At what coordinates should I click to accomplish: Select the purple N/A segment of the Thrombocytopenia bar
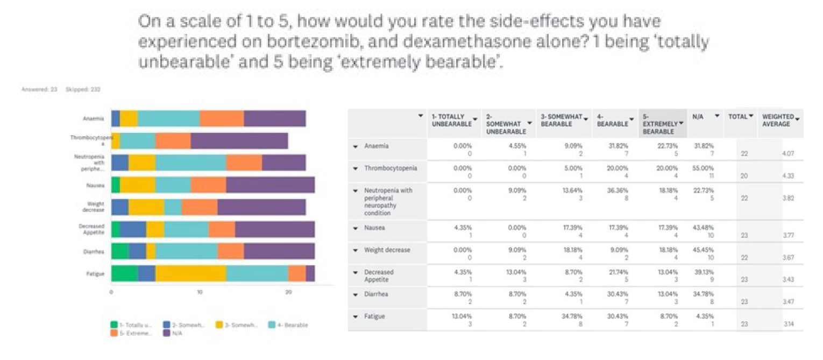(x=239, y=140)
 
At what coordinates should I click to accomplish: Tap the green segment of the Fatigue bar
(x=125, y=273)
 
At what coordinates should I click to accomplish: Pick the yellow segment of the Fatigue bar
(x=191, y=273)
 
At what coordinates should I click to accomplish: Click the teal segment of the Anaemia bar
(x=168, y=119)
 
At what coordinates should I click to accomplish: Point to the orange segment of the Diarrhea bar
(x=231, y=251)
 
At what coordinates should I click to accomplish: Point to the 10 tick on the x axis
(x=200, y=292)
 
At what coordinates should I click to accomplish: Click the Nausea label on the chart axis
(x=97, y=185)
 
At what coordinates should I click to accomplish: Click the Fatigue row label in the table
(x=374, y=316)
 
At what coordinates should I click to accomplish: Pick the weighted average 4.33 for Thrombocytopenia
(x=787, y=175)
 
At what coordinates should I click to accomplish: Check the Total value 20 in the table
(x=743, y=175)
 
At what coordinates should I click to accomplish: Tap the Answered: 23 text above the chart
(x=39, y=89)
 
